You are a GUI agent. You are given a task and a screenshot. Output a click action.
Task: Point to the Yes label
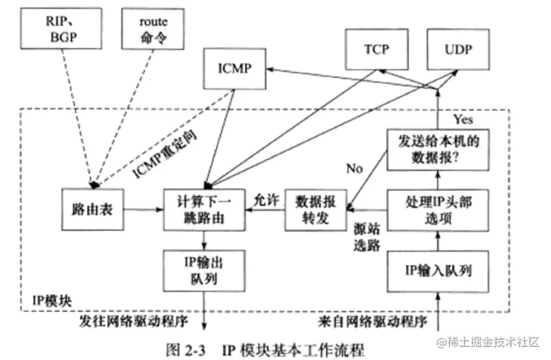coord(464,118)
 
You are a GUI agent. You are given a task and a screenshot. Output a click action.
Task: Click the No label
coord(354,168)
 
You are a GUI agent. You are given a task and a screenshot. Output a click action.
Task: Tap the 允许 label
coord(263,198)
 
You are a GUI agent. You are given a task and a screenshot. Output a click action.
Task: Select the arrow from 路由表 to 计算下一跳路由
coord(141,208)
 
